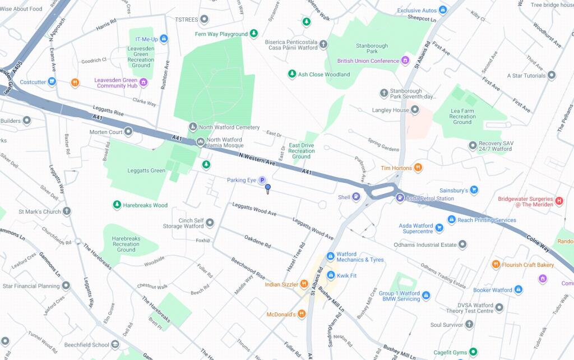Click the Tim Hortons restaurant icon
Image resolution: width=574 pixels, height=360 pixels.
(x=418, y=168)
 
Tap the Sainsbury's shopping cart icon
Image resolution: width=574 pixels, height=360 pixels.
(x=474, y=191)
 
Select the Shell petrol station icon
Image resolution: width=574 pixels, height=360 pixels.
(x=356, y=197)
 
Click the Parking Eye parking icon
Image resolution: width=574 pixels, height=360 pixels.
(x=261, y=180)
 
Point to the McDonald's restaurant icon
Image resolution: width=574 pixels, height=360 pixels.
(x=302, y=315)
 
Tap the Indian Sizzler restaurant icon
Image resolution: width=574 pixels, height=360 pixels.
(x=304, y=284)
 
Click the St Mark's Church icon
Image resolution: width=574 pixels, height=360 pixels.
(x=67, y=212)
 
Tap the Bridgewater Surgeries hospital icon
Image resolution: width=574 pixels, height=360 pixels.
(x=558, y=200)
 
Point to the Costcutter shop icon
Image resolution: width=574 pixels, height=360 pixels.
(x=52, y=82)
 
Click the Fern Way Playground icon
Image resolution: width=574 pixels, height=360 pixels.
(x=253, y=34)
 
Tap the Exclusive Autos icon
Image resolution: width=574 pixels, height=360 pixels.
(x=443, y=10)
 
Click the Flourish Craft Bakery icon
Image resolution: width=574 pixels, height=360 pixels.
(x=496, y=265)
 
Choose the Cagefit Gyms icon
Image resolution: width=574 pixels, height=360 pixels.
(x=473, y=352)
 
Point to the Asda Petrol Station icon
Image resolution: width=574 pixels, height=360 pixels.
(x=400, y=198)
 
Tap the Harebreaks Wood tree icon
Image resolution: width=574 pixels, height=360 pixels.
(x=117, y=205)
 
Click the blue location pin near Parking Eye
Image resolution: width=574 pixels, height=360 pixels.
(x=268, y=188)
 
